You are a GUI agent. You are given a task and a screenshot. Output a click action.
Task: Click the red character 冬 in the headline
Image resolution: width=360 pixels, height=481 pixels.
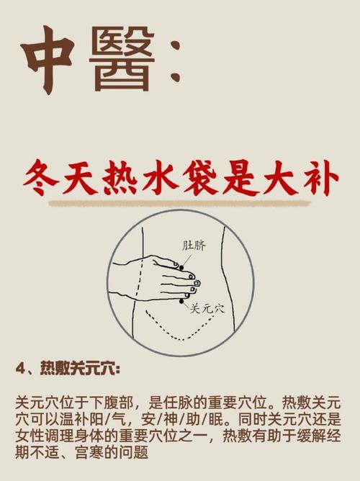(x=42, y=179)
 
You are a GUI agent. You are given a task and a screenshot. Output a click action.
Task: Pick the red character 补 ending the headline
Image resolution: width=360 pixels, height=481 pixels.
(x=318, y=179)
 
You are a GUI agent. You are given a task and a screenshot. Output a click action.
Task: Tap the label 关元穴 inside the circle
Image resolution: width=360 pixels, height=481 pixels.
(x=207, y=308)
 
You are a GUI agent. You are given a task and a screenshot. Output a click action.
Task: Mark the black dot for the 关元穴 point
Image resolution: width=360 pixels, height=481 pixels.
(x=183, y=300)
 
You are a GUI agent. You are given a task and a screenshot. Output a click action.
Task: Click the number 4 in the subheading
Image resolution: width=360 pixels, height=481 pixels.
(x=19, y=368)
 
